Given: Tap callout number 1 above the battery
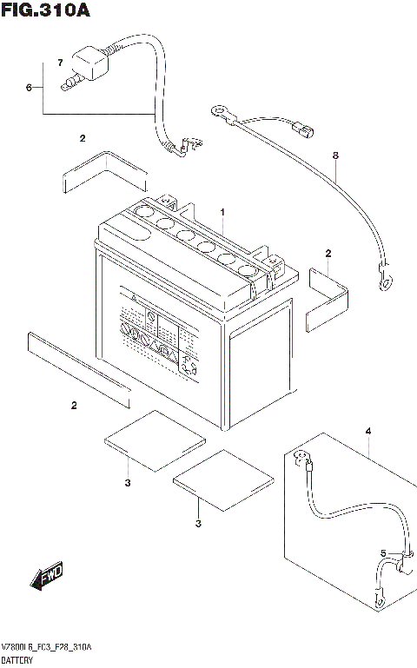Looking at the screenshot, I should (222, 212).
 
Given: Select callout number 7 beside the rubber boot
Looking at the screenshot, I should (60, 63).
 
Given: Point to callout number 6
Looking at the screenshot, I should (29, 88).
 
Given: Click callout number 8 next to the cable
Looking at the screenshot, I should (334, 155).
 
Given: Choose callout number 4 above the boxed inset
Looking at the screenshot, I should (367, 431).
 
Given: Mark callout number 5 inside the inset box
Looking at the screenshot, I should (382, 553).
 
